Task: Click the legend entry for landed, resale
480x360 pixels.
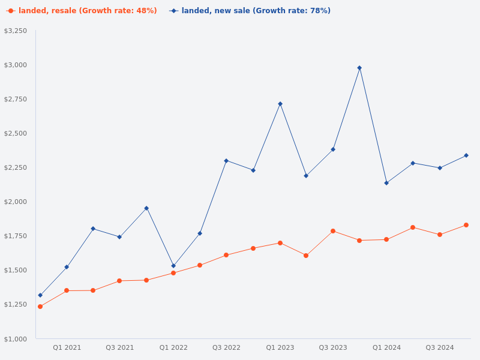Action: [82, 11]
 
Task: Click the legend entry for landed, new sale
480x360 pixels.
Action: [250, 11]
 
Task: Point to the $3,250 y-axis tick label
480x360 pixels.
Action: [16, 31]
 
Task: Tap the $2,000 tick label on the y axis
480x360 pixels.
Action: [16, 202]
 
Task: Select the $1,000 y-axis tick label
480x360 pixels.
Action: [16, 339]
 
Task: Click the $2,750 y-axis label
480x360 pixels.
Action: [16, 99]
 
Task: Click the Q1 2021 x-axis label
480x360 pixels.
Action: [67, 347]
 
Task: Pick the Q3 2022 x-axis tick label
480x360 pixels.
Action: [226, 347]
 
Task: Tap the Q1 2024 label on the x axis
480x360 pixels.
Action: [386, 347]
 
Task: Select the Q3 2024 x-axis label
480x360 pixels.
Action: [440, 347]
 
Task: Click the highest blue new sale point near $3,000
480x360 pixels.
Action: [359, 68]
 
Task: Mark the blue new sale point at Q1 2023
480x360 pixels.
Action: [280, 104]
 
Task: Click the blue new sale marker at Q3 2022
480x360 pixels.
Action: [226, 161]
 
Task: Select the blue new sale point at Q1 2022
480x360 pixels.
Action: [173, 266]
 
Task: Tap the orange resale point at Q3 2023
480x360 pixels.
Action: [333, 231]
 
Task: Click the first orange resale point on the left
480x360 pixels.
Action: [40, 307]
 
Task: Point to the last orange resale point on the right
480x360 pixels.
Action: [466, 225]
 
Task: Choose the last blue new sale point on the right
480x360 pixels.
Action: [466, 155]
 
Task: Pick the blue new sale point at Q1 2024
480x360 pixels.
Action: [386, 183]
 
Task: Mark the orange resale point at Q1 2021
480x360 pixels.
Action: [67, 290]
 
